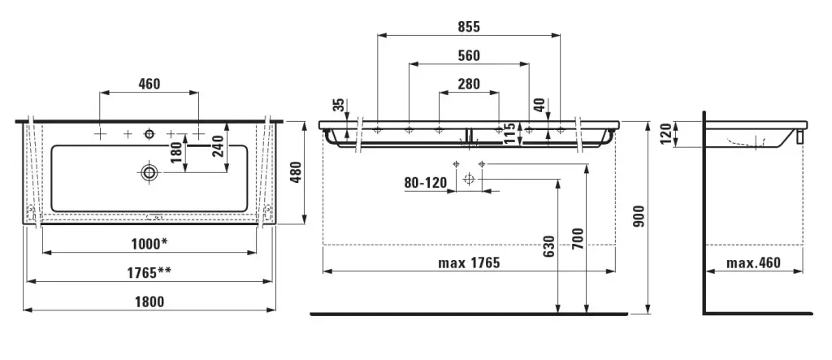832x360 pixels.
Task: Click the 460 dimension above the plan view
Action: (149, 84)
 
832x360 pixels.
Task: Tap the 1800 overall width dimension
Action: (149, 302)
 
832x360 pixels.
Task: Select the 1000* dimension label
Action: (149, 244)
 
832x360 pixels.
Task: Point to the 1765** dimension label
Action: (149, 273)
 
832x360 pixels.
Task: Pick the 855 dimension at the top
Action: (469, 27)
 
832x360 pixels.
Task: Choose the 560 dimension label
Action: (469, 56)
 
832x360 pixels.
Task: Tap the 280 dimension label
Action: (469, 84)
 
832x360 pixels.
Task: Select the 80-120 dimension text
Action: (426, 183)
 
